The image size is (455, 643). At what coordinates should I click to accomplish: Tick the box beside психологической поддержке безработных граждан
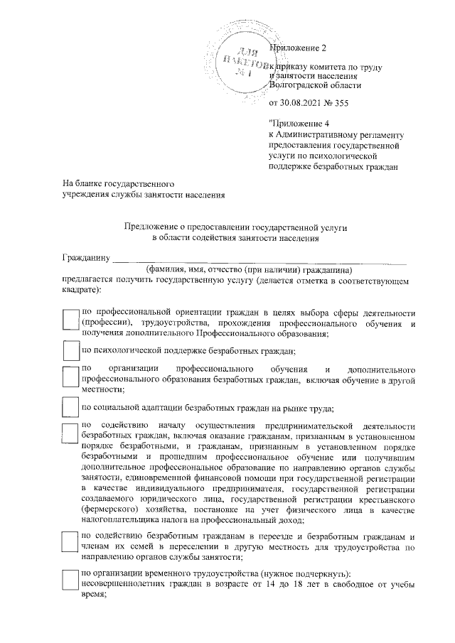pos(70,351)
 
